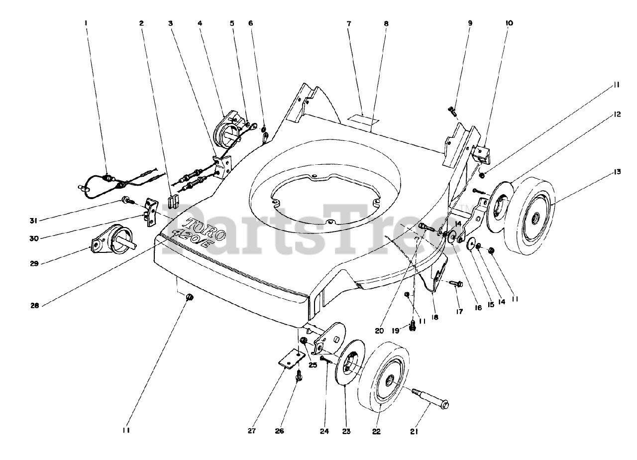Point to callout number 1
86,23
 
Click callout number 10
510,23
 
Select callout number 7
348,23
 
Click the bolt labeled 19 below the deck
412,327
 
